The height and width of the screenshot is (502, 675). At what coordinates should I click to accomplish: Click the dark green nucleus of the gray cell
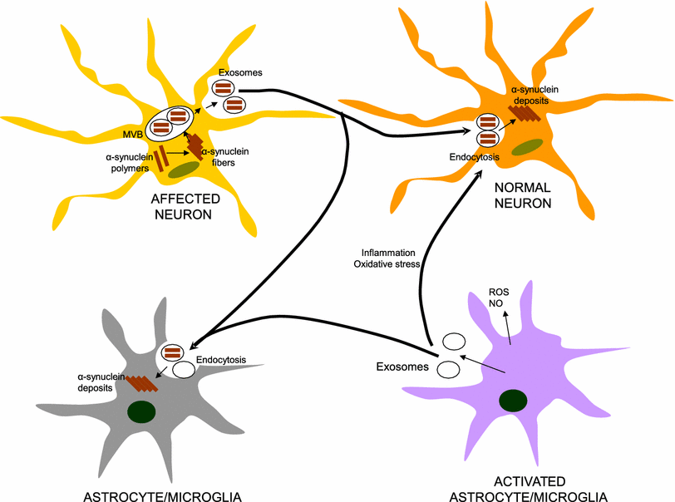point(142,411)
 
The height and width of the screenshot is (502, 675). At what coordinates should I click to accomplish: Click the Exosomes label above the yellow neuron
point(236,73)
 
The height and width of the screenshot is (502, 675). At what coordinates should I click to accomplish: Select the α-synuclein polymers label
point(127,160)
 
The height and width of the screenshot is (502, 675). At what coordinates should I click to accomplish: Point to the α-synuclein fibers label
point(229,156)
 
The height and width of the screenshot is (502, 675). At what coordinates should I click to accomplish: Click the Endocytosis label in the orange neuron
point(474,155)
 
